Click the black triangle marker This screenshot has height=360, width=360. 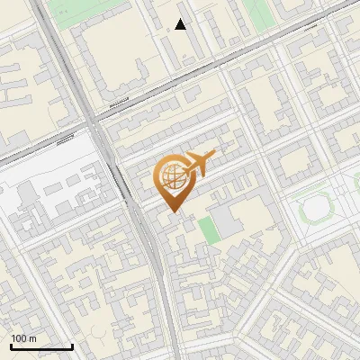181,24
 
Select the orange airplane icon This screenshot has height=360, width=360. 200,164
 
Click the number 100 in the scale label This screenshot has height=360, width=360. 20,338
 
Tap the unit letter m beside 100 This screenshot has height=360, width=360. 33,338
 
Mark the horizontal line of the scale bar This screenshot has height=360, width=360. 41,347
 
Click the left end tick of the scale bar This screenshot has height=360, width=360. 11,346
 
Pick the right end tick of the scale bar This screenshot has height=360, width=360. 72,346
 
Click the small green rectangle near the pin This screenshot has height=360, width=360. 209,229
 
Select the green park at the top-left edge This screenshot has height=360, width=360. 72,9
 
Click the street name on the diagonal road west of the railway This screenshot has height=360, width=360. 64,139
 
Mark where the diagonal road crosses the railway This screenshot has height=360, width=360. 90,121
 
